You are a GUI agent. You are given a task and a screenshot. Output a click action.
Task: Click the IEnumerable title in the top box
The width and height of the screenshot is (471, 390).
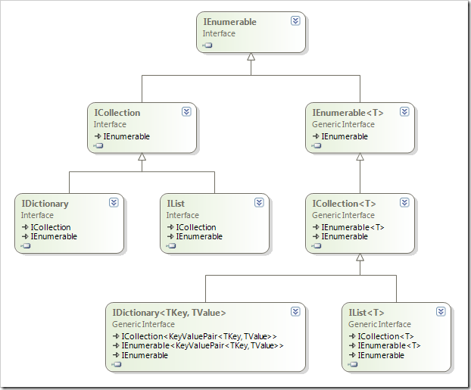(x=229, y=22)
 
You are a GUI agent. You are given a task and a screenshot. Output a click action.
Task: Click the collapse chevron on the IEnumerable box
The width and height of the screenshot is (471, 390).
(x=295, y=21)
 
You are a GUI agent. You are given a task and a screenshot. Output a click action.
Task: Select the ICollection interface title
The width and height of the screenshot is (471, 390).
(x=117, y=113)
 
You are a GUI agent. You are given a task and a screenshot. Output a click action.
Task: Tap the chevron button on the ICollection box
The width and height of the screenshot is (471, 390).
(x=186, y=112)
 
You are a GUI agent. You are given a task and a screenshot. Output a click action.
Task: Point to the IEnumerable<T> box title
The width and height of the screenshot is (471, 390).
(x=348, y=113)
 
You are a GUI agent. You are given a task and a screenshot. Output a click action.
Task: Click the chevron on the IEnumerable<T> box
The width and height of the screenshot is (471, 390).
(x=404, y=112)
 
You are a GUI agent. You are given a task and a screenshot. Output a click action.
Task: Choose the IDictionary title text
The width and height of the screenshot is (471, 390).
(x=45, y=204)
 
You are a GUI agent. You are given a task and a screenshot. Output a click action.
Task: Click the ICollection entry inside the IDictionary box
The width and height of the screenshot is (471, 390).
(x=50, y=227)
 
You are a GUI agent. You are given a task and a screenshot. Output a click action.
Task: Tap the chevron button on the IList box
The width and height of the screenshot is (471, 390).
(x=259, y=203)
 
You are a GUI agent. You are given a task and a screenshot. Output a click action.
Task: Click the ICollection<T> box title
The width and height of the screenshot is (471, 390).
(x=345, y=204)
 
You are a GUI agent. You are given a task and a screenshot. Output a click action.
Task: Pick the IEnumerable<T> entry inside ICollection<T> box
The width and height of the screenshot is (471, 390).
(x=352, y=227)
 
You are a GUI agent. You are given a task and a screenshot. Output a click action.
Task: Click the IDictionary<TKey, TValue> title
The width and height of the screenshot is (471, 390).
(x=169, y=313)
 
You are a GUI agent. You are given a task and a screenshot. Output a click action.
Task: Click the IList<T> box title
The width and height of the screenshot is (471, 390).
(x=367, y=313)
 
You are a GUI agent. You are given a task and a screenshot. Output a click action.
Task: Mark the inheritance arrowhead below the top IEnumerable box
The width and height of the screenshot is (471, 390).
(x=251, y=57)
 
